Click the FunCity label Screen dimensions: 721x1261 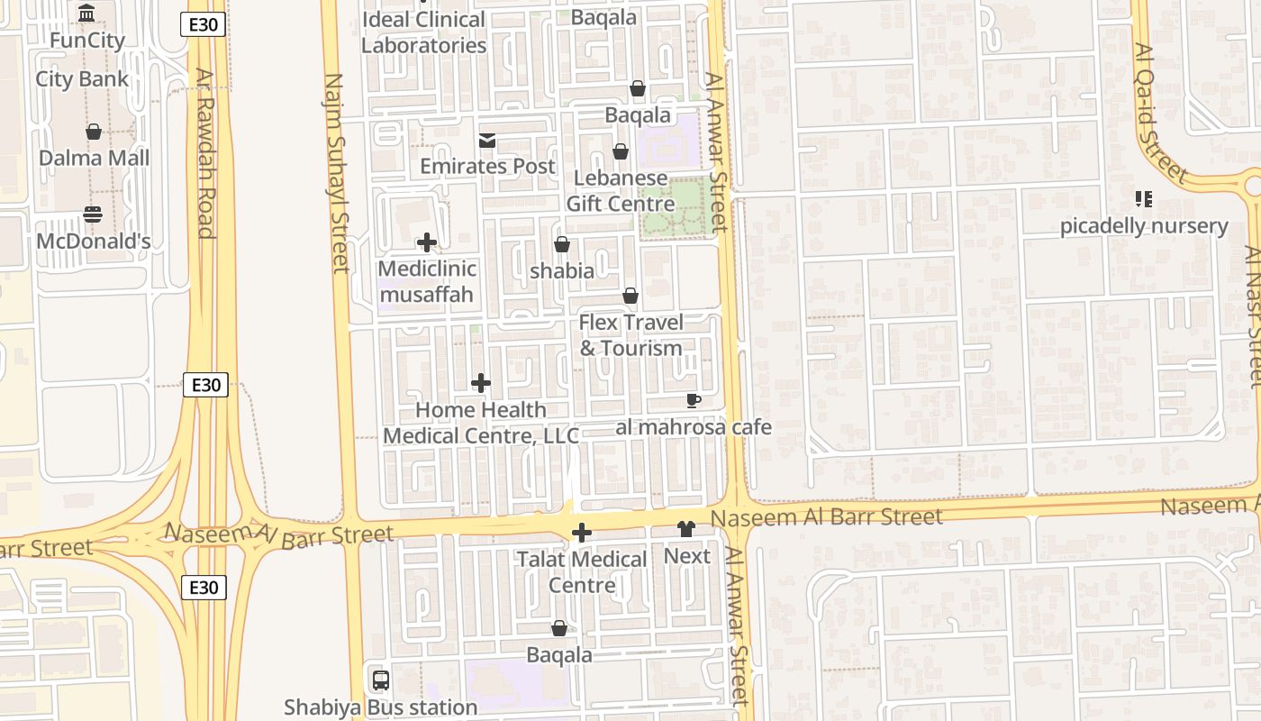(86, 41)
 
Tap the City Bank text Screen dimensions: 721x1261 (82, 79)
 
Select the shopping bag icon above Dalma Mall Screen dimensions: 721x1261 (94, 132)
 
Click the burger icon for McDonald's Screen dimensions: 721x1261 (93, 214)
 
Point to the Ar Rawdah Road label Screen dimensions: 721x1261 (204, 153)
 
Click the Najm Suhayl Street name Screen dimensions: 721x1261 (336, 171)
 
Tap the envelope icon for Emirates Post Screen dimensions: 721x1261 (487, 141)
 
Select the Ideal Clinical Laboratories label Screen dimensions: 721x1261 (423, 32)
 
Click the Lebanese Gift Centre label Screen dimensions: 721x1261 (620, 191)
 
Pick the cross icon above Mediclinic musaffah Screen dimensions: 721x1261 (427, 242)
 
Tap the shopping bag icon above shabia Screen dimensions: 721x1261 (562, 244)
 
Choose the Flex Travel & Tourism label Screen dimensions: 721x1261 (630, 335)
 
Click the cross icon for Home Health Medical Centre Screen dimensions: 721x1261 (481, 383)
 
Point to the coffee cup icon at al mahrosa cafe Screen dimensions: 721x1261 (693, 400)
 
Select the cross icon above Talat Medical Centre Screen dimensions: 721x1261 (582, 533)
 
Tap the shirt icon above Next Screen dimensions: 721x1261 (686, 529)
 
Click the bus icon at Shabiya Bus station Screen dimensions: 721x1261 (381, 680)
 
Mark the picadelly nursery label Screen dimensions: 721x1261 (1143, 226)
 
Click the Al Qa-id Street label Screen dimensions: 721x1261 (1161, 113)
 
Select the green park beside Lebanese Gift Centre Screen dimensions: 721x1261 (673, 207)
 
